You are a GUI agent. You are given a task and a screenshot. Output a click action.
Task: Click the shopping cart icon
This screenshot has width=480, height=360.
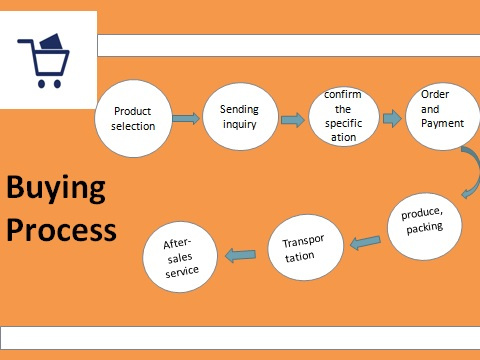click(x=43, y=61)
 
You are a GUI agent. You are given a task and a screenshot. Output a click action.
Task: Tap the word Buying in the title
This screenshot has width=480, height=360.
click(x=56, y=188)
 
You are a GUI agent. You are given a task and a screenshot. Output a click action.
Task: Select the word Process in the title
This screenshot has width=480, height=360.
click(x=62, y=230)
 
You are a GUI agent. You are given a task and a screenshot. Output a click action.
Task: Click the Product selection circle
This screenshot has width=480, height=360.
click(x=133, y=118)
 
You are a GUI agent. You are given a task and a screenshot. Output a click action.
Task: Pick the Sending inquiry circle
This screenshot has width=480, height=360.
click(x=240, y=116)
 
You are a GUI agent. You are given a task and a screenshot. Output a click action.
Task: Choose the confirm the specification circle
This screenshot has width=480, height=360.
click(x=344, y=116)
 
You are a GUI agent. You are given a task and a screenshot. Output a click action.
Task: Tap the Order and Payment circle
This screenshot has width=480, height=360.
click(x=443, y=116)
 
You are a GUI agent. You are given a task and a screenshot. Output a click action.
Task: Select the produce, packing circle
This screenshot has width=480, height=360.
click(x=425, y=226)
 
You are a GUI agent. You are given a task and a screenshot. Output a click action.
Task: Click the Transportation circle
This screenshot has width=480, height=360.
click(x=306, y=248)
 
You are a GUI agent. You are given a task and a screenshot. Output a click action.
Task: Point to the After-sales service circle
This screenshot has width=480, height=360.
click(x=180, y=257)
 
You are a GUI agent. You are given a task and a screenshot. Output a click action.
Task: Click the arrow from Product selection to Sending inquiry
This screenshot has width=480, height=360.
click(x=186, y=118)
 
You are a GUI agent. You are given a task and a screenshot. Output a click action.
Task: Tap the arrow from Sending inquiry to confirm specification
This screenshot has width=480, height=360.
click(x=293, y=120)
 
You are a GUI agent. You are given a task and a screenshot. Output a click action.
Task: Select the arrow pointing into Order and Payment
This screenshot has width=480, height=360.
click(x=392, y=118)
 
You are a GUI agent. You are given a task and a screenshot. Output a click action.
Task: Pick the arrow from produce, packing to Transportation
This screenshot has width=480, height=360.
click(x=366, y=242)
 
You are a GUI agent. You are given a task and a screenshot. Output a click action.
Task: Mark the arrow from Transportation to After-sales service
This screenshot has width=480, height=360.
click(x=241, y=255)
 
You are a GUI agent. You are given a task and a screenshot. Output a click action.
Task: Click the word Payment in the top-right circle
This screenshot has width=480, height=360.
click(x=442, y=124)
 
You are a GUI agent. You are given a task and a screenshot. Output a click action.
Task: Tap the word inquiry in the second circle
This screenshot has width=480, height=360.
click(x=240, y=124)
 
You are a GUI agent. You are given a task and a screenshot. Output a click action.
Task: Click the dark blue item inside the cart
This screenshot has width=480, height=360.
click(x=52, y=42)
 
